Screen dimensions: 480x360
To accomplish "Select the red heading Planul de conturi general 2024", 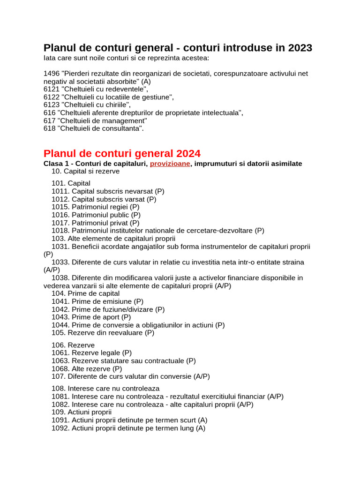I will tap(122, 153).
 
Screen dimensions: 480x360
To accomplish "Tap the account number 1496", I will tap(52, 74).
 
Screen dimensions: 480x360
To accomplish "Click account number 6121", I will tap(52, 89).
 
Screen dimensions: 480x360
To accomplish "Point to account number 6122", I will tap(52, 97).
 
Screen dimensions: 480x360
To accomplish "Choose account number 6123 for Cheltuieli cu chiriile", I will tap(52, 105).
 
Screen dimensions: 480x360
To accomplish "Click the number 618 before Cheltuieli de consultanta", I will tap(49, 128).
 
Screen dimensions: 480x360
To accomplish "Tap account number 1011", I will tap(60, 191).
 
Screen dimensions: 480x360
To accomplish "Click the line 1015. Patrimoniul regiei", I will tap(95, 207).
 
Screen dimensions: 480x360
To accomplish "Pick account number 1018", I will tap(60, 231).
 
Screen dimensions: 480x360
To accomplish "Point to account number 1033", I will tap(60, 262).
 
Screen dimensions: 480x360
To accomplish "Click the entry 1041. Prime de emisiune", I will tap(97, 301).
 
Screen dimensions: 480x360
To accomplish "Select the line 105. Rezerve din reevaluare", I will tap(103, 333).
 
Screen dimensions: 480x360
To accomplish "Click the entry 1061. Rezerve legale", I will tap(91, 353).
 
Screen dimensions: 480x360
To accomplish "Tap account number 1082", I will tap(60, 405).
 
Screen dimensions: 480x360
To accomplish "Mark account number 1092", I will tap(60, 428).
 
